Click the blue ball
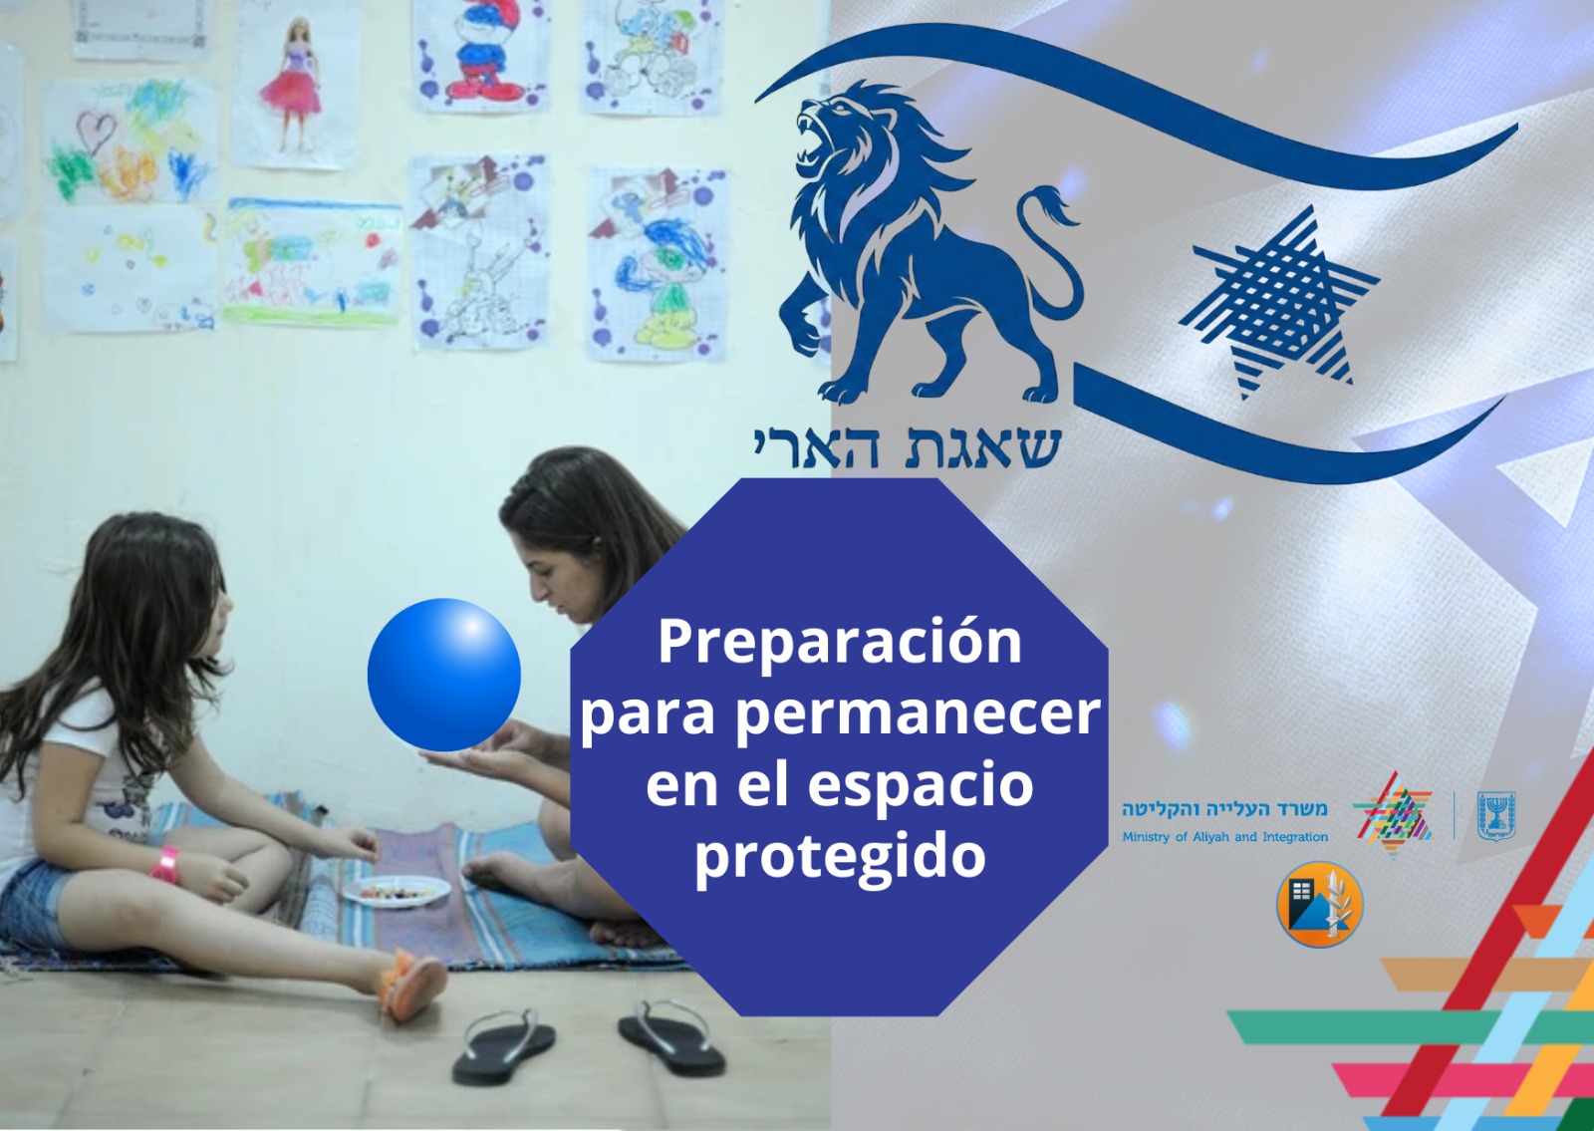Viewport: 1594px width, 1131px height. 444,675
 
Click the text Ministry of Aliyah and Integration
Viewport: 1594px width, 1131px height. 1224,837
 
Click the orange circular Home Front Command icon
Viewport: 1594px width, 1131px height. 1320,904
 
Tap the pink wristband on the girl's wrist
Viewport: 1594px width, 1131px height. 164,864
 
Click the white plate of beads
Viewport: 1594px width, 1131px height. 397,891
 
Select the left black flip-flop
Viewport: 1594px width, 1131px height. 504,1045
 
